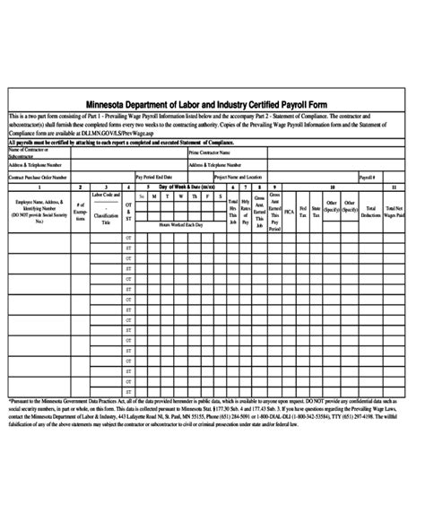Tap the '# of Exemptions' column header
[x=80, y=216]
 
